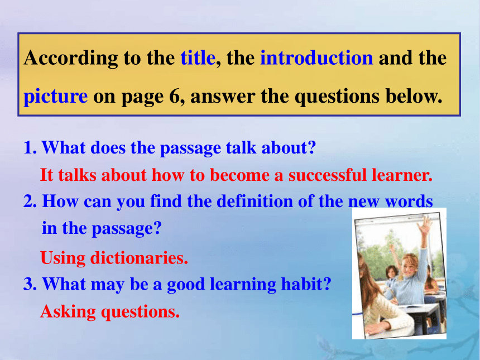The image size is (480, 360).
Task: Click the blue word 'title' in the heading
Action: [x=198, y=57]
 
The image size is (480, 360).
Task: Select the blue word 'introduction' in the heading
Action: [x=316, y=57]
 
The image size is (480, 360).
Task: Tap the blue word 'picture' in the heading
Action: [x=56, y=97]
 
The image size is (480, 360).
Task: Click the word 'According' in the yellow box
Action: [x=71, y=58]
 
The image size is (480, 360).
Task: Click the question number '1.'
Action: [x=30, y=147]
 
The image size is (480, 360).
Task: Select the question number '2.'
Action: [x=30, y=201]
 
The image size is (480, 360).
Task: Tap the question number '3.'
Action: [x=30, y=284]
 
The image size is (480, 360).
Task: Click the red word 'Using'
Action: [x=63, y=258]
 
